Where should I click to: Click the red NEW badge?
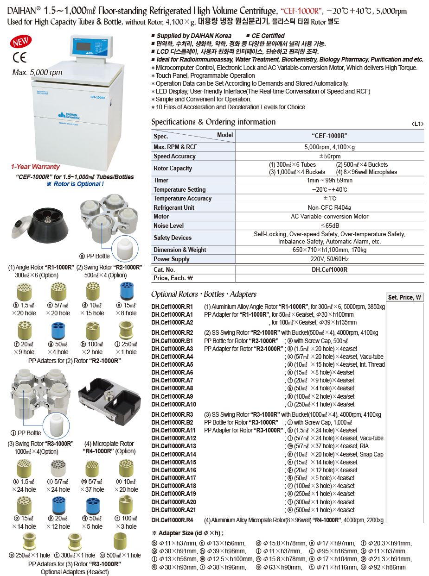point(20,42)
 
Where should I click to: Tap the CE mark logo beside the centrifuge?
point(19,57)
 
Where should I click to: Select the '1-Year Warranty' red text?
point(35,167)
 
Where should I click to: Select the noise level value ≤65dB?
point(330,225)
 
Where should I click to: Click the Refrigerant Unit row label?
point(174,207)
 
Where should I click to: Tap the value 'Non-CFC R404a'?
point(330,207)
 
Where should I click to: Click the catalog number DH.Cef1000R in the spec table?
point(330,269)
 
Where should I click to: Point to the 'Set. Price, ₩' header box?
point(405,297)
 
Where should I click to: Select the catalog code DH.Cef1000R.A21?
point(174,510)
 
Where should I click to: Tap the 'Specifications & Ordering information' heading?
point(213,122)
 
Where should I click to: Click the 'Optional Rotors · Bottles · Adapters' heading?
point(204,294)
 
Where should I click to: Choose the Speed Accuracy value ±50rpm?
point(330,157)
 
